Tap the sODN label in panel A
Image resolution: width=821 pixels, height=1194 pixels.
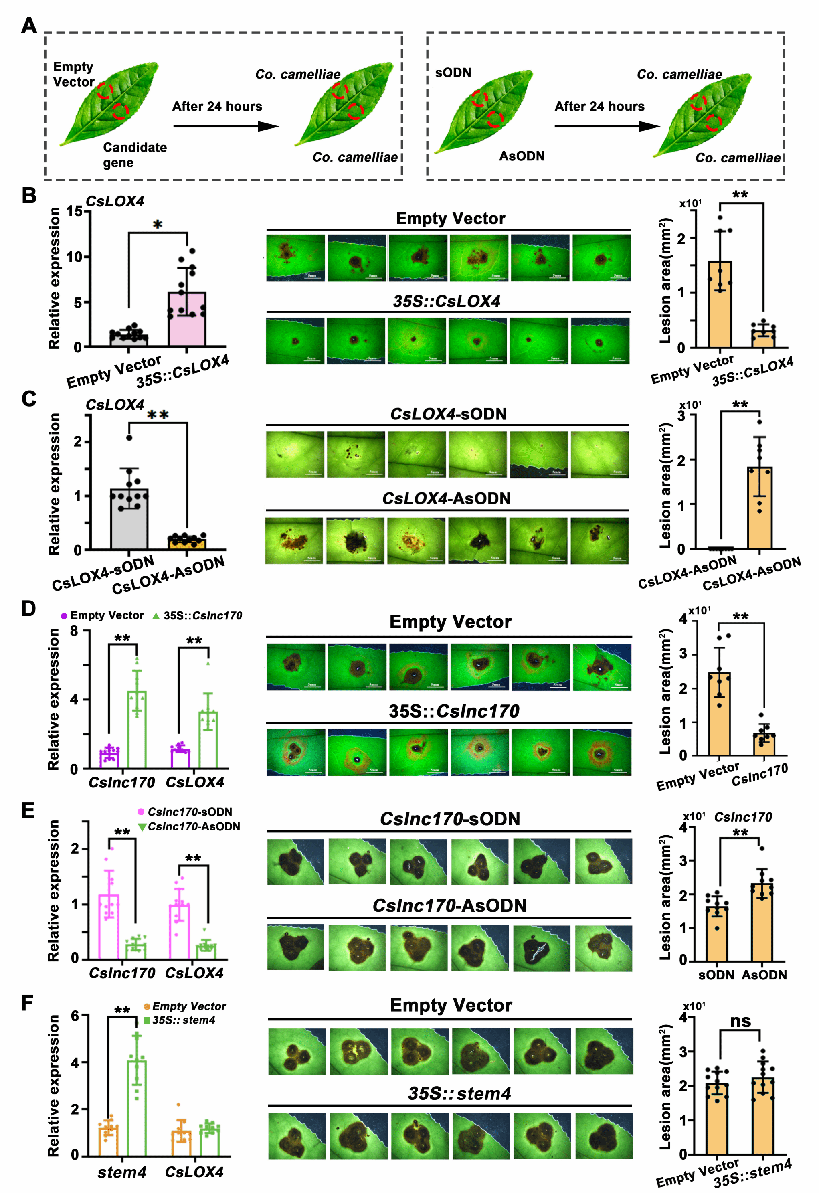tap(453, 73)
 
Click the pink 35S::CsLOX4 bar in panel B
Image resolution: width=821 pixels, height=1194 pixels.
tap(187, 319)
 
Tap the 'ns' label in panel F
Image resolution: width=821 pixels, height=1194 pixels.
tap(740, 1021)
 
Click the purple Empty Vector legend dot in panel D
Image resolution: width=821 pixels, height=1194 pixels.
tap(64, 616)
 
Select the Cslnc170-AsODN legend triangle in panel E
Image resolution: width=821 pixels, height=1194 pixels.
tap(142, 827)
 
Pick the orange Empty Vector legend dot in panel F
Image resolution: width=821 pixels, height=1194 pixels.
tap(147, 1006)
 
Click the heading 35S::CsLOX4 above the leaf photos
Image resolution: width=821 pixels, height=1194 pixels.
tap(447, 301)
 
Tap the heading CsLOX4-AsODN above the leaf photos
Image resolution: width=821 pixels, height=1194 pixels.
tap(446, 498)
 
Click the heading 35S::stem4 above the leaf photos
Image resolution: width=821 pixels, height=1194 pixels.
tap(459, 1093)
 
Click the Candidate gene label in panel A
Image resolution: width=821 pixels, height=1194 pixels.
tap(135, 155)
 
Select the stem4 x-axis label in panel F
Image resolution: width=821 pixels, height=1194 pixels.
tap(122, 1172)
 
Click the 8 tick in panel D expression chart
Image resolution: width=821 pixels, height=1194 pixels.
tap(74, 631)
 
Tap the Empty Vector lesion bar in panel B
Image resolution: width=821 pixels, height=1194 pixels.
tap(720, 304)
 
